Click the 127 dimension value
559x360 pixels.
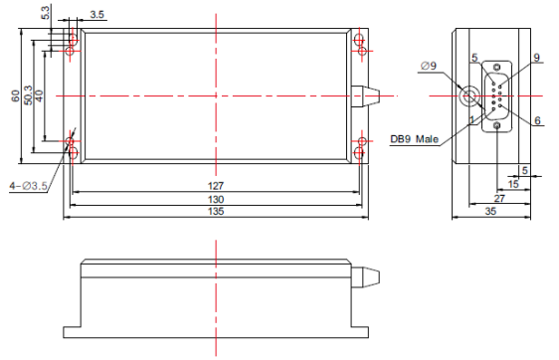pos(216,186)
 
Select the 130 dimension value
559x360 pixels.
pos(216,199)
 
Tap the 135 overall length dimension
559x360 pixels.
pos(216,212)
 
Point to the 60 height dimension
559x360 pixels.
pos(15,95)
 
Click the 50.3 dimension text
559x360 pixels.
pos(28,95)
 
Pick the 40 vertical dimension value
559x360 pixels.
pos(39,95)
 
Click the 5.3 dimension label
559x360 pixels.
pos(47,13)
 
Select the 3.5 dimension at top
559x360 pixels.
pos(96,14)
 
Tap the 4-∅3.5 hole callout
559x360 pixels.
pos(28,186)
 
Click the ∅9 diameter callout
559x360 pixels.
pos(428,66)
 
